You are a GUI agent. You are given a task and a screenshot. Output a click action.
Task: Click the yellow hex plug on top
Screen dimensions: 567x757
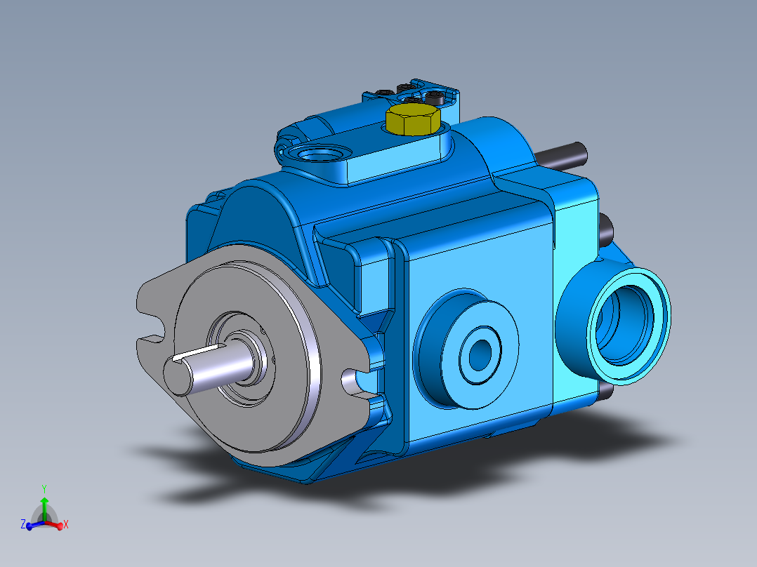pyautogui.click(x=412, y=120)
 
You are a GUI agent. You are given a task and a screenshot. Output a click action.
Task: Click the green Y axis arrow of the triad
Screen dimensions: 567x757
pyautogui.click(x=44, y=503)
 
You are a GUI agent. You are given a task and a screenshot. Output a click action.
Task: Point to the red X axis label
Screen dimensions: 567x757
pyautogui.click(x=65, y=524)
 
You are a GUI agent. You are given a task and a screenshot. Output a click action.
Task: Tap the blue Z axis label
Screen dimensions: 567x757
pyautogui.click(x=23, y=524)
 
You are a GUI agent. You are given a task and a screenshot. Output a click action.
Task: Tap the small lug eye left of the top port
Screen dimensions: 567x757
pyautogui.click(x=284, y=148)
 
